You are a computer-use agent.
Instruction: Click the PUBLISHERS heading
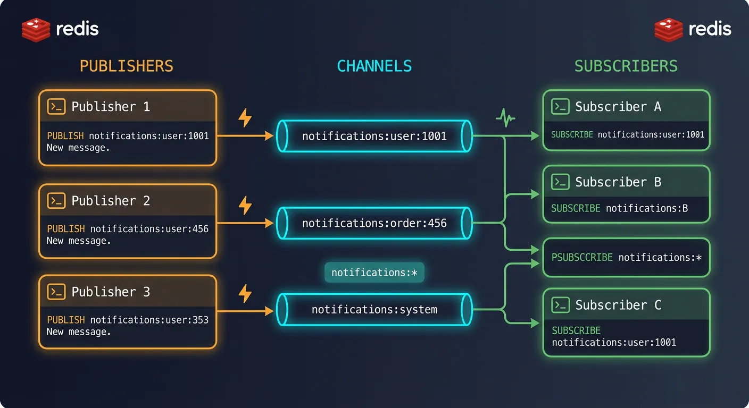tap(127, 66)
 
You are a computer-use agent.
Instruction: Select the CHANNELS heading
tap(374, 66)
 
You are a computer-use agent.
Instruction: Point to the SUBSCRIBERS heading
tap(626, 66)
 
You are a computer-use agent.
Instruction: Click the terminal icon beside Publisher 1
tap(56, 106)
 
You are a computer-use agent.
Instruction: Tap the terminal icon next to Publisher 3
tap(56, 292)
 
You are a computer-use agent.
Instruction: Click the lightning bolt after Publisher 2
tap(245, 205)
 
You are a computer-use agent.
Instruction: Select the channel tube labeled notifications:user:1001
tap(374, 137)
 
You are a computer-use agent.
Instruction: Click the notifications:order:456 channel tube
tap(374, 223)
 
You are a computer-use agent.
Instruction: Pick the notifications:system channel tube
tap(374, 309)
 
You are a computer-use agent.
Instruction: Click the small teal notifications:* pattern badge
tap(374, 273)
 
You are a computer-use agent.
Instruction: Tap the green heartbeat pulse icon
tap(505, 118)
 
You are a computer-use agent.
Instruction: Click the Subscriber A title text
tap(618, 106)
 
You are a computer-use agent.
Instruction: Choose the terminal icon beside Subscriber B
tap(560, 182)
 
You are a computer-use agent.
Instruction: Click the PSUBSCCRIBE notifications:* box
tap(626, 258)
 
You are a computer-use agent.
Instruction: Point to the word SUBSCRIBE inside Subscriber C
tap(576, 330)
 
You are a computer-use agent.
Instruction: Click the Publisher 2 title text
tap(111, 200)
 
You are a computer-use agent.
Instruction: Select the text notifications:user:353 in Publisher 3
tap(149, 320)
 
